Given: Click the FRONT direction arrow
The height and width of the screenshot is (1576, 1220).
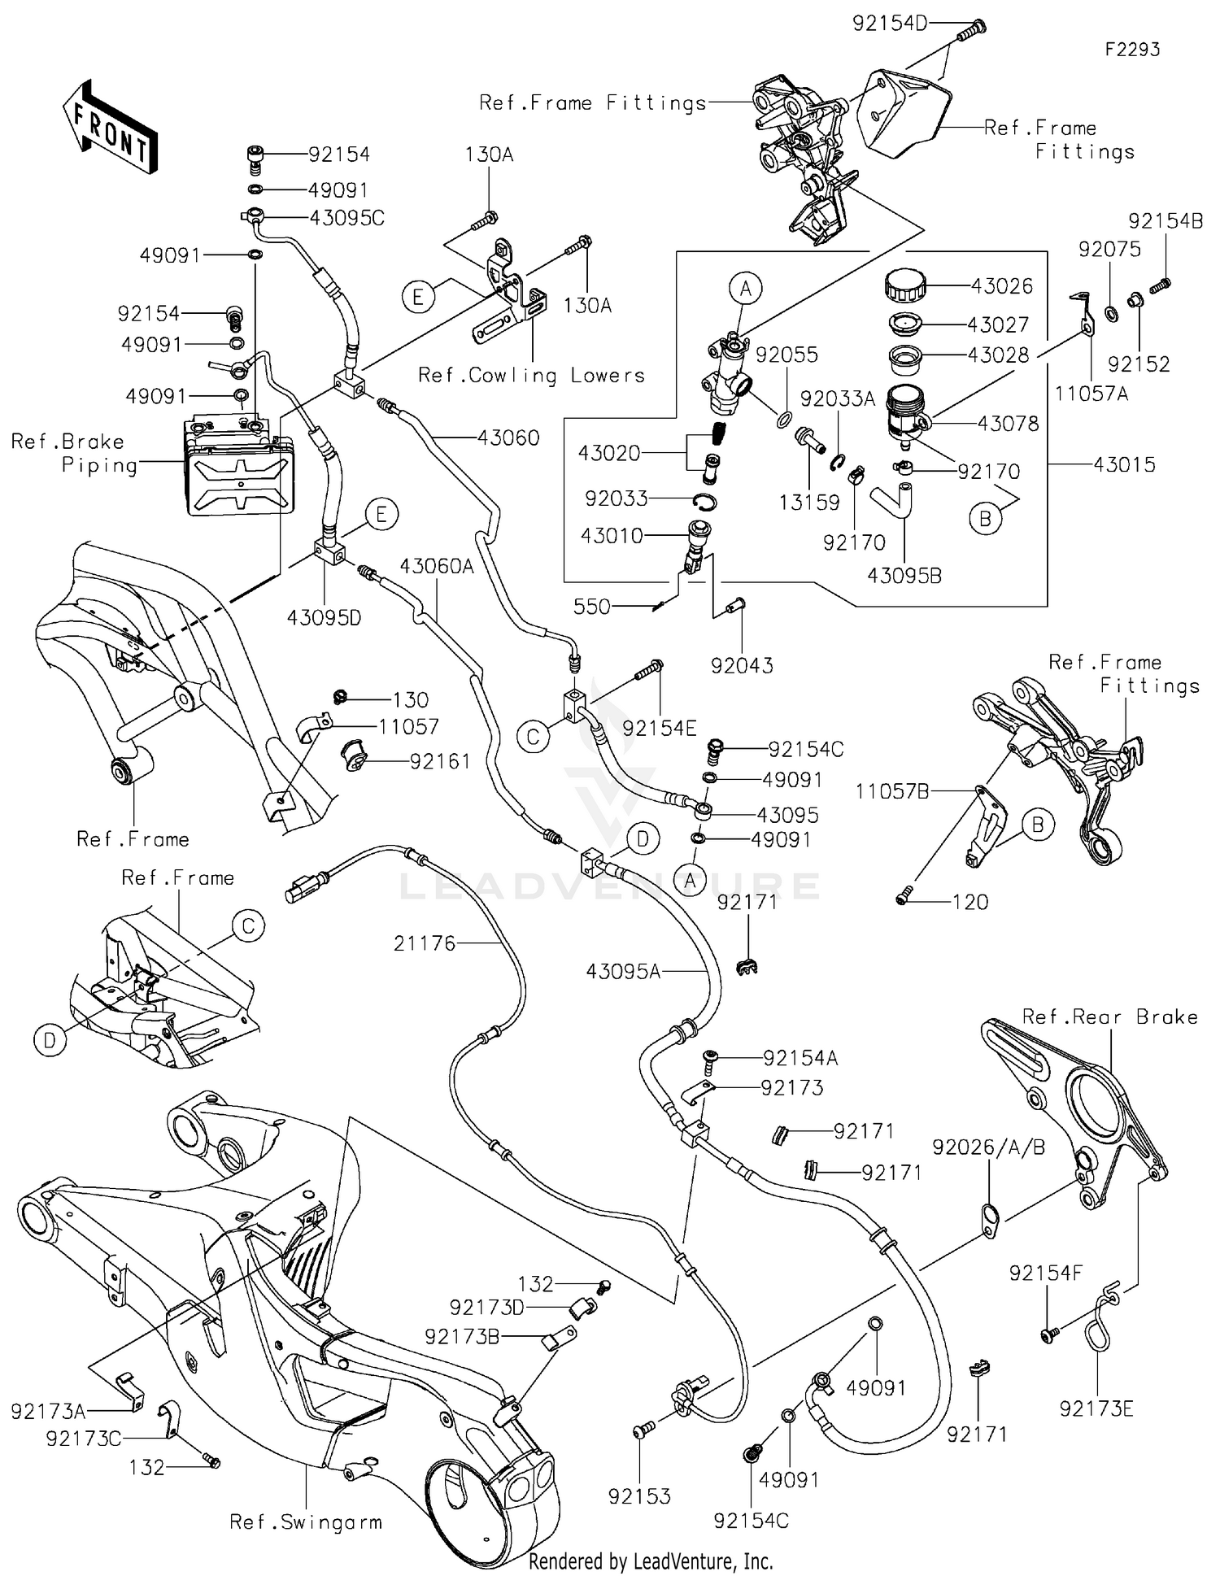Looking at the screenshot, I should click(x=110, y=128).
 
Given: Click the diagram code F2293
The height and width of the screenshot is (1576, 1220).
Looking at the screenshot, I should click(x=1131, y=50).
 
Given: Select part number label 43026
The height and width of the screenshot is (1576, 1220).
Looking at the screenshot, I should click(x=1002, y=286).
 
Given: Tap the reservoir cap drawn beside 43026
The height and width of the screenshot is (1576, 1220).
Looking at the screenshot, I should click(x=904, y=286).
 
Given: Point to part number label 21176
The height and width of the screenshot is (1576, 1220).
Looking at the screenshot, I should click(x=424, y=943).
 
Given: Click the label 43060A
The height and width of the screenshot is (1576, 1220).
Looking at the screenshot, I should click(x=437, y=566).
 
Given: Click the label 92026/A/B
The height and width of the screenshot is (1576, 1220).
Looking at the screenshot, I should click(x=988, y=1147).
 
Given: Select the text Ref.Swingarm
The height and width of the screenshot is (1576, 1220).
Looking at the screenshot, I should click(x=306, y=1522).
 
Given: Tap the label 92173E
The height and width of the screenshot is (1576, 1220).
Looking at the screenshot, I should click(x=1096, y=1408).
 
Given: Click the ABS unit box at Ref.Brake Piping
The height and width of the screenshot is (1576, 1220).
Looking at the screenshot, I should click(x=238, y=468).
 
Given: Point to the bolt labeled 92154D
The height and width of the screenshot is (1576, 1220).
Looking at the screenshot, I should click(x=969, y=32).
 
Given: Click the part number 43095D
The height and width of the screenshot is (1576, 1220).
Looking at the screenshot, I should click(x=324, y=618).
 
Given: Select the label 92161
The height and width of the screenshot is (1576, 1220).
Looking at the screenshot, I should click(x=440, y=762).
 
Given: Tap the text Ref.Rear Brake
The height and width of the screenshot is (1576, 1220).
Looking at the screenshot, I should click(x=1109, y=1017).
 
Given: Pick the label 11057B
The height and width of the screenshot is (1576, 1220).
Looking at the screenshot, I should click(x=891, y=790).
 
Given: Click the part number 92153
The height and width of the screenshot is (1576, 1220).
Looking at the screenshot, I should click(x=639, y=1496).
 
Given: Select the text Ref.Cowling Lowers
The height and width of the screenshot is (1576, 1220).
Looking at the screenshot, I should click(x=531, y=376).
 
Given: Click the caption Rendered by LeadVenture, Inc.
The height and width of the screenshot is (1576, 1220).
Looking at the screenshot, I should click(x=651, y=1561).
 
